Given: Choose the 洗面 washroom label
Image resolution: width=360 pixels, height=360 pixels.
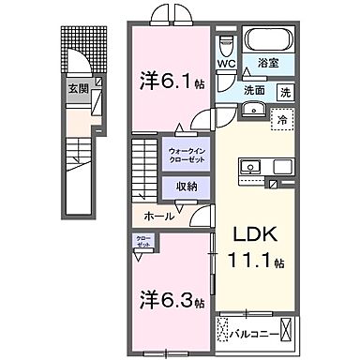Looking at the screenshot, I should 253,92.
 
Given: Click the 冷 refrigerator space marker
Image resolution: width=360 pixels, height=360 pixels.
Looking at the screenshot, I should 279,119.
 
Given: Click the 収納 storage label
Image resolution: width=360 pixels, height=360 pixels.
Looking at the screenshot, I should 186,186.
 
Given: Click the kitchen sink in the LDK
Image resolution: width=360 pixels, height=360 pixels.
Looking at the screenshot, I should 250,169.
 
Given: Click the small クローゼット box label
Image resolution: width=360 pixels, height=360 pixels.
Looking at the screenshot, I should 141,241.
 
